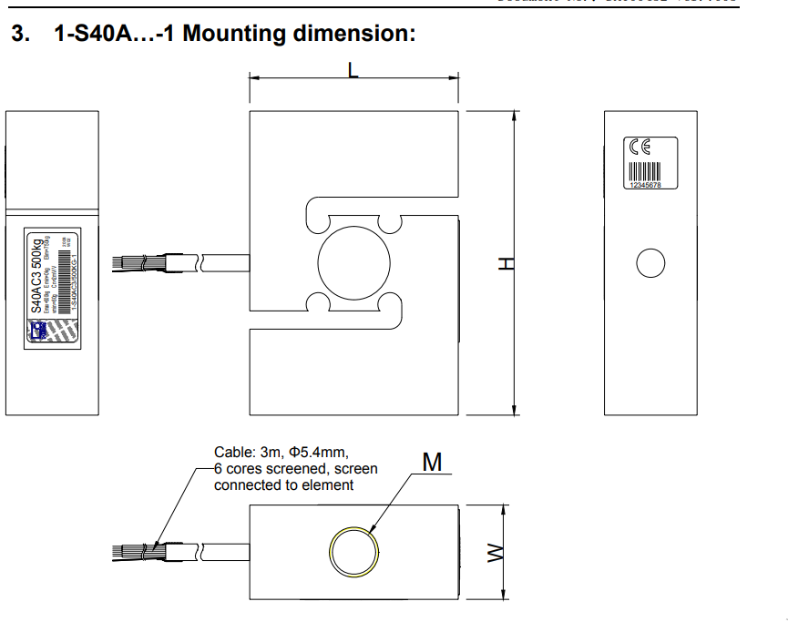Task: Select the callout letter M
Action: pos(432,463)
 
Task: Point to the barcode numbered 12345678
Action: pos(647,174)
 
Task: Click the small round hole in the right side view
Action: pos(650,263)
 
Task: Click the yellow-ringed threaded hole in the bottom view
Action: pos(353,553)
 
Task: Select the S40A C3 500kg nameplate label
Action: pos(51,288)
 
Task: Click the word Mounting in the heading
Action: pos(234,36)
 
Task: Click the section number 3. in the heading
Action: pos(20,36)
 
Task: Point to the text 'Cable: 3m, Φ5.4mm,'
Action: pos(281,452)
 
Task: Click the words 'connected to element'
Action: pos(283,485)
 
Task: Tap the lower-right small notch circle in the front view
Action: pos(389,303)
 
